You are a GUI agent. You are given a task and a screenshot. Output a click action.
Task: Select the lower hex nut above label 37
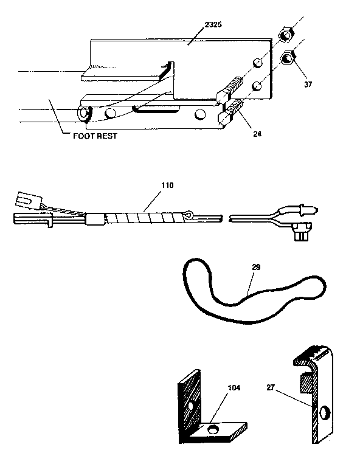289,60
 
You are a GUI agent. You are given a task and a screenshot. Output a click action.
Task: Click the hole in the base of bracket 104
214,430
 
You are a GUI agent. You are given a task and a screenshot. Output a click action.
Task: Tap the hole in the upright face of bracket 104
191,404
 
